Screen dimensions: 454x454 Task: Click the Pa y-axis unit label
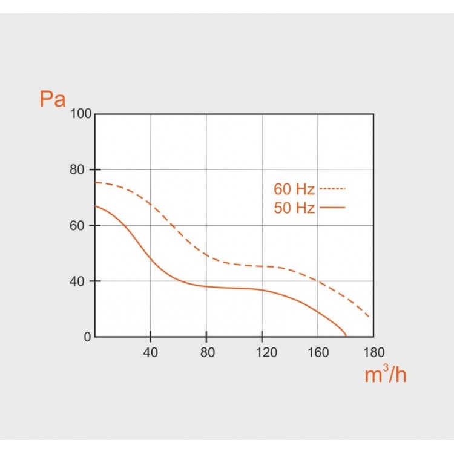click(x=52, y=99)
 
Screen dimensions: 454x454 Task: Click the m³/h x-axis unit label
click(x=386, y=375)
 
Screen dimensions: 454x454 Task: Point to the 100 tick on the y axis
click(x=81, y=114)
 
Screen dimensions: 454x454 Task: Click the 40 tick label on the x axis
click(x=150, y=352)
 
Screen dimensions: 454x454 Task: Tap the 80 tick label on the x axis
click(x=206, y=352)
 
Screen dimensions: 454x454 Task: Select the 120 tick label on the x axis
click(x=262, y=352)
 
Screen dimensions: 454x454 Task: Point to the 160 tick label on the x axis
click(x=318, y=352)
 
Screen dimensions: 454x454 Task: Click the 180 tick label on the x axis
click(x=373, y=352)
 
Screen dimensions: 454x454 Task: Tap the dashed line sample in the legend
click(x=332, y=189)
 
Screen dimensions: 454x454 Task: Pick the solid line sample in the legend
click(x=332, y=208)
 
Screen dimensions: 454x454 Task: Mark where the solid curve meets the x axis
click(x=346, y=336)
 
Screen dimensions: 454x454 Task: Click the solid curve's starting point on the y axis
click(x=95, y=206)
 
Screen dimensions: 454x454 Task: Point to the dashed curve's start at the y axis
click(x=95, y=182)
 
